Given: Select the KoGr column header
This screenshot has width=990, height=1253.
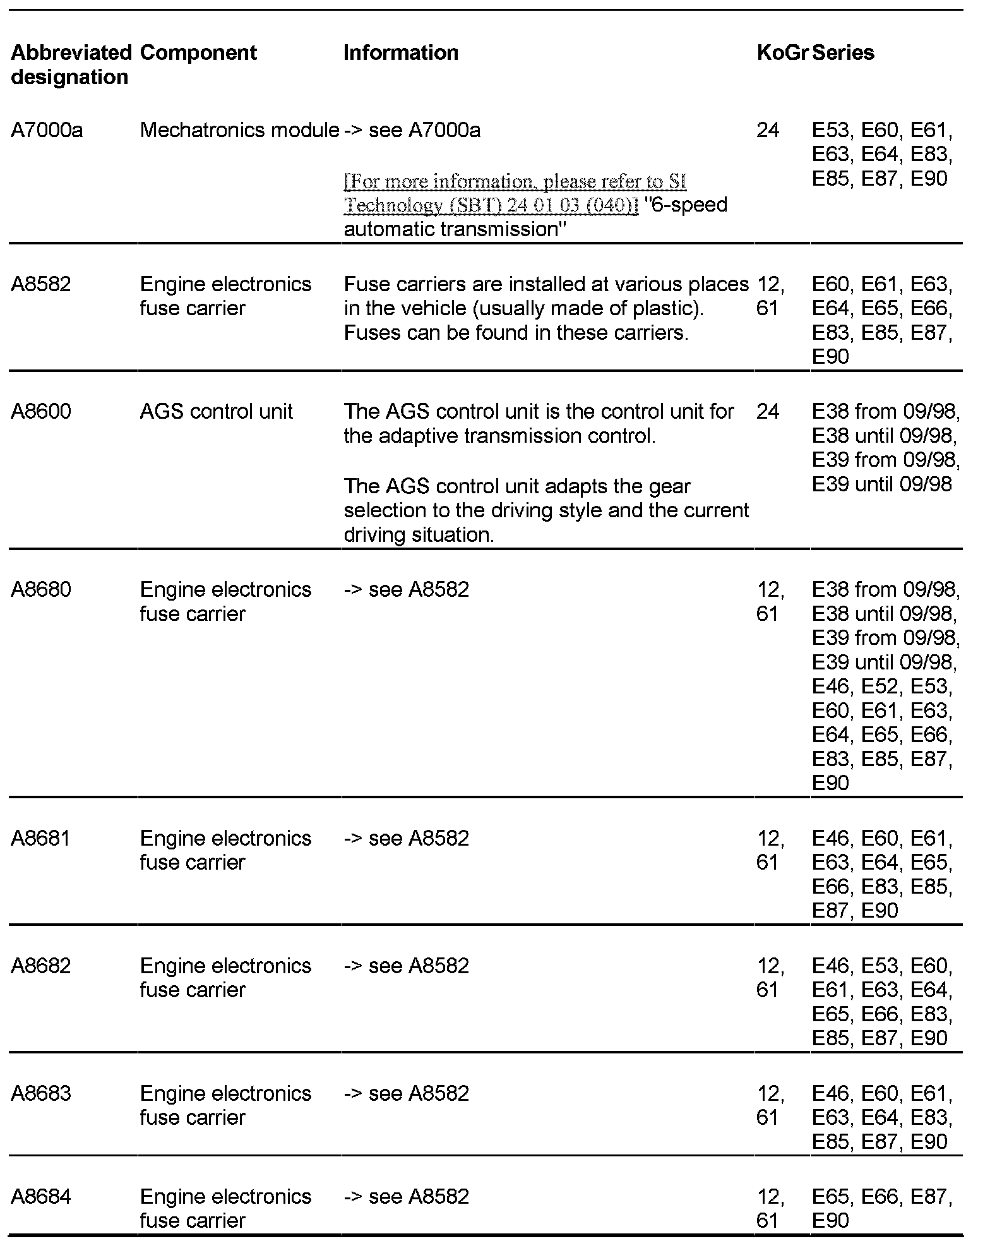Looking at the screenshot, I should click(782, 52).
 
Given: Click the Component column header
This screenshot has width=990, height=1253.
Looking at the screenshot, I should click(198, 52).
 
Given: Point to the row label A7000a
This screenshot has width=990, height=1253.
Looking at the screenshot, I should click(47, 130).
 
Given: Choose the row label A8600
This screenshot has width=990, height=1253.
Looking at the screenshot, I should click(41, 412).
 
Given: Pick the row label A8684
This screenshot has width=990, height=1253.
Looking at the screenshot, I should click(41, 1197).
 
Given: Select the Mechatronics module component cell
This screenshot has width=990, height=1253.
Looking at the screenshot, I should click(239, 130).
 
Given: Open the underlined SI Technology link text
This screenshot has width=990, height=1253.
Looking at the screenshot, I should click(515, 193).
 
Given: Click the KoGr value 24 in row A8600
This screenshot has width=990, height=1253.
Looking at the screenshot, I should click(767, 412).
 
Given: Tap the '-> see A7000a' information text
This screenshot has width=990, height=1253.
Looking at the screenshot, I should click(412, 130).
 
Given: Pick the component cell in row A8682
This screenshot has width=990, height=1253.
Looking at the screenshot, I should click(225, 978).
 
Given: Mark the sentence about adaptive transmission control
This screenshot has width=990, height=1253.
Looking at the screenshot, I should click(538, 424).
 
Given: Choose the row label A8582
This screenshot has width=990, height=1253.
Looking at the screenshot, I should click(41, 284).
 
